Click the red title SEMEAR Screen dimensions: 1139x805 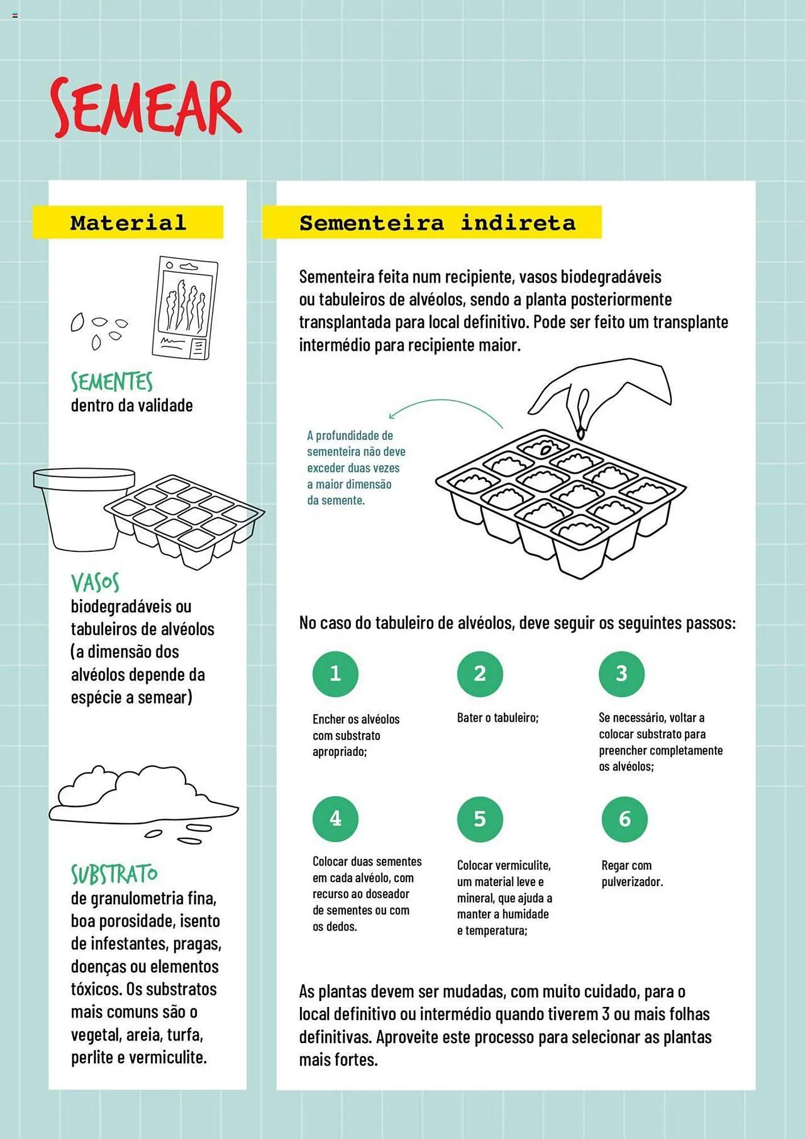tap(146, 108)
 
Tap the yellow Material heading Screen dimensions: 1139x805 tap(128, 222)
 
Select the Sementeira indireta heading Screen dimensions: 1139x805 tap(437, 222)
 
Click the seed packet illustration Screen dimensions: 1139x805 tap(185, 308)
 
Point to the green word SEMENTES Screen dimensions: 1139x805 tap(112, 382)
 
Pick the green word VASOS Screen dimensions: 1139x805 tap(95, 583)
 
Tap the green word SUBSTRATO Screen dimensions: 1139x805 tap(114, 874)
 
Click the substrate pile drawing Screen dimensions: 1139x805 tap(142, 797)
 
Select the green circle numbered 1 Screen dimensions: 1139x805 tap(335, 674)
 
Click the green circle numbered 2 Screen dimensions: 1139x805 tap(480, 674)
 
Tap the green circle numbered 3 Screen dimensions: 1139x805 tap(622, 674)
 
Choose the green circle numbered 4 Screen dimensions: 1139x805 tap(335, 818)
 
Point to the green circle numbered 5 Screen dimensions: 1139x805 tap(480, 819)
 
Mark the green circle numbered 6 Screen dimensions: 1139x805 tap(625, 819)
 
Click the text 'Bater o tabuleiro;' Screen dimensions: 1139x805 tap(498, 718)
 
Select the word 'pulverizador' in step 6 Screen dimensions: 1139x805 tap(632, 882)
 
